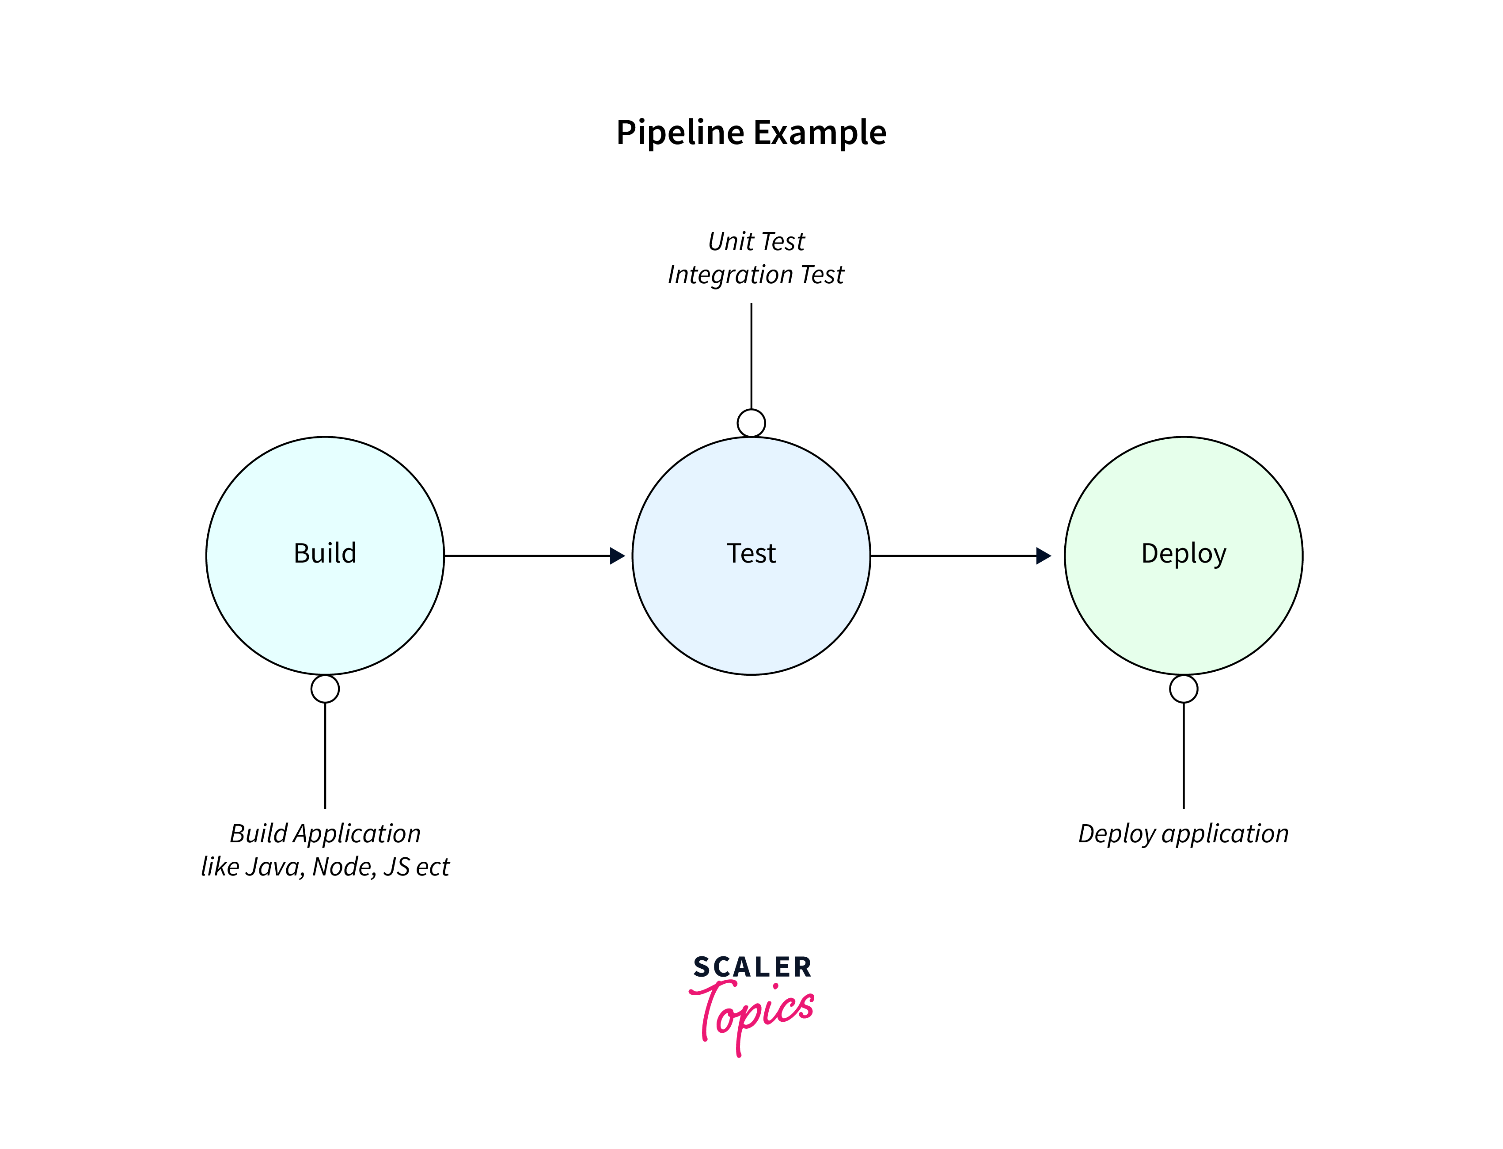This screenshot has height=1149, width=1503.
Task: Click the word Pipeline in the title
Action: click(x=679, y=133)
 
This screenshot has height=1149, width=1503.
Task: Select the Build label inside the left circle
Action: click(x=325, y=553)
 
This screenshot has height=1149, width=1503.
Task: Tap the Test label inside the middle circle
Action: click(x=751, y=553)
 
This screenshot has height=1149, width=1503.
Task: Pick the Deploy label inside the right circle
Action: click(x=1183, y=553)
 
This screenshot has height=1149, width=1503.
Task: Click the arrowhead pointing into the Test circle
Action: click(x=617, y=556)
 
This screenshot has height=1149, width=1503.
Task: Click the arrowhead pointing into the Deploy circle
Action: click(x=1043, y=556)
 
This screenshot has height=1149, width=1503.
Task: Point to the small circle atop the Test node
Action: click(x=751, y=422)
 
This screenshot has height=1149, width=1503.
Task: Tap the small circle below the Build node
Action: click(x=325, y=689)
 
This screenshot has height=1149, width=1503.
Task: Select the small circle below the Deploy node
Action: click(x=1183, y=689)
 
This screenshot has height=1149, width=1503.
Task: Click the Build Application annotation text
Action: click(x=325, y=834)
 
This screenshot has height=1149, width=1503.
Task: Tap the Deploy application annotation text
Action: click(x=1183, y=834)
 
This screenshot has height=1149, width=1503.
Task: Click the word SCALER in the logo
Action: click(x=751, y=967)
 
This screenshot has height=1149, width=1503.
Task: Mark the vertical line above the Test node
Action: click(x=751, y=356)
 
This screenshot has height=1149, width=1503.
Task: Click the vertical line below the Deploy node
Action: click(x=1183, y=756)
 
